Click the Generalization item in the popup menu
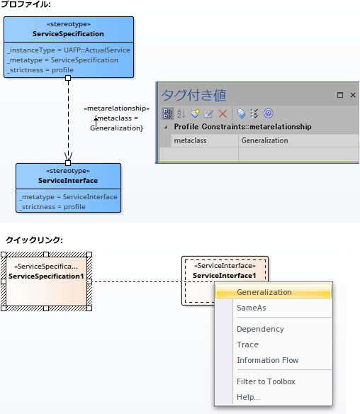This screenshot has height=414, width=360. coord(264,292)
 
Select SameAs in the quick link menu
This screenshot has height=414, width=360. coord(252,308)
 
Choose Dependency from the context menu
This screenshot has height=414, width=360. coord(260,329)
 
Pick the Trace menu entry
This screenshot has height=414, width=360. coord(247,345)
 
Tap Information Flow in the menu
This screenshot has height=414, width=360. coord(268,360)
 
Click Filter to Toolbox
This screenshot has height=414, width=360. coord(266,381)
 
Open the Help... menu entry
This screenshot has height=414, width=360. coord(248,397)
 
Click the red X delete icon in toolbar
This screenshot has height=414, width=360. coord(223,114)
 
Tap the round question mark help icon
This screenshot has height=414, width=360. coord(269,113)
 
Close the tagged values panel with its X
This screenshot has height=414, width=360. coord(353,95)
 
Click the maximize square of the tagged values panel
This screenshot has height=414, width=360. coord(340,95)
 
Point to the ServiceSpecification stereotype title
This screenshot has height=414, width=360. coord(68,34)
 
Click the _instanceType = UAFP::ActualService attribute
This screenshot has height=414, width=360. coord(69,50)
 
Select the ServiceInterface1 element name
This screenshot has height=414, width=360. coord(225,276)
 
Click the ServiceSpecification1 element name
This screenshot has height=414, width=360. coord(46,276)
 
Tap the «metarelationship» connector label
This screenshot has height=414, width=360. coord(116,108)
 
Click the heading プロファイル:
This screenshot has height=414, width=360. coord(26,4)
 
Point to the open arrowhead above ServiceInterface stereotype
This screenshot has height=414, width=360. coord(68,156)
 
